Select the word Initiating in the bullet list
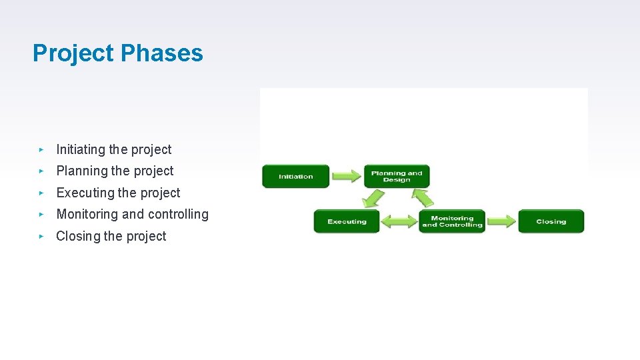[x=81, y=149]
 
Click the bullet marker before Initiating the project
[x=41, y=149]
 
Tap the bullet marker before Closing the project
[x=41, y=236]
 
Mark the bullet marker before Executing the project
[x=41, y=193]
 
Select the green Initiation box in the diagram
[x=295, y=177]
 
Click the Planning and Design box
[x=397, y=176]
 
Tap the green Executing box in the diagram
[x=347, y=221]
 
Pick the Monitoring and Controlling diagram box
[x=452, y=221]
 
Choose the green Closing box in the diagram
[x=551, y=221]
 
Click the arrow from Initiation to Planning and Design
[x=346, y=177]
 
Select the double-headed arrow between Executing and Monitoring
[x=399, y=221]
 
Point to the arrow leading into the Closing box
[x=501, y=221]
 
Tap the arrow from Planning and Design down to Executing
[x=373, y=199]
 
